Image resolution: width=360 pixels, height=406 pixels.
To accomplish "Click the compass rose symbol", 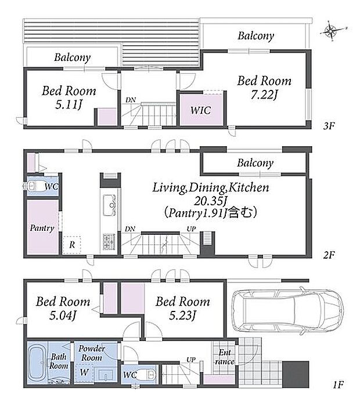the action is pos(332,31).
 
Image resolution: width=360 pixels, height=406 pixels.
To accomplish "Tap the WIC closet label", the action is pos(200,110).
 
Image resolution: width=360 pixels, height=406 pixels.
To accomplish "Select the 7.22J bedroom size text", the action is pos(264,95).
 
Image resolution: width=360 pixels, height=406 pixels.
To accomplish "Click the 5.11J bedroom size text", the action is pos(69,104).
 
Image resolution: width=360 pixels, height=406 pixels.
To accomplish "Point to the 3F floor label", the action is pos(329,126).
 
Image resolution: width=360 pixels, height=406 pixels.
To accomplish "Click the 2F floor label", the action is pos(329,255).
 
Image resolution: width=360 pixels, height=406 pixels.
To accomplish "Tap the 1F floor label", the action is pos(339,385).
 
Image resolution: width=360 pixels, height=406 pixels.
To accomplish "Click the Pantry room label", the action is pos(42,228).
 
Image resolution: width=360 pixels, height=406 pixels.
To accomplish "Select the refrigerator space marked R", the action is pos(72,244).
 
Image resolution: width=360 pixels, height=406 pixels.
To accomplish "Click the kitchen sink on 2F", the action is pos(109,205).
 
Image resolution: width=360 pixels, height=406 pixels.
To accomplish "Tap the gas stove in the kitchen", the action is pos(109,242).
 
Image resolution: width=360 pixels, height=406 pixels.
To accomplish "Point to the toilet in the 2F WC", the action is pos(34,186).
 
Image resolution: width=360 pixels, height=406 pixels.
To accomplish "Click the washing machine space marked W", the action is pos(84,372).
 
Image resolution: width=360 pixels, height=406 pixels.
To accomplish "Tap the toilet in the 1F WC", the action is pos(147,374).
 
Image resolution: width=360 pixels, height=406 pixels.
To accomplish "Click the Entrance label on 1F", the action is pos(225,357).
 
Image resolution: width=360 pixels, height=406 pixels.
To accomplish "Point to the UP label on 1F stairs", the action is pos(191,360).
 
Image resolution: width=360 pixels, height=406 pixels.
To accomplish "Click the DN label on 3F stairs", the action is pos(131,100).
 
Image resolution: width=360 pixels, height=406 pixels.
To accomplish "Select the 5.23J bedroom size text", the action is pos(183,316).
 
